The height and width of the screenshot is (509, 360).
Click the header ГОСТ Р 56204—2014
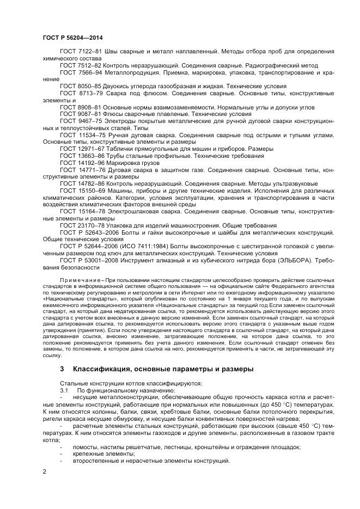[72, 38]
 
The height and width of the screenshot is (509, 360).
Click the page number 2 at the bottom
[45, 471]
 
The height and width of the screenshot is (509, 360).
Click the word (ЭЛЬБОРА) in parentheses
[294, 260]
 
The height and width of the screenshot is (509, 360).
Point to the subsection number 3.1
[64, 390]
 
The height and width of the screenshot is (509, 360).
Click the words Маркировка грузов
[134, 163]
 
